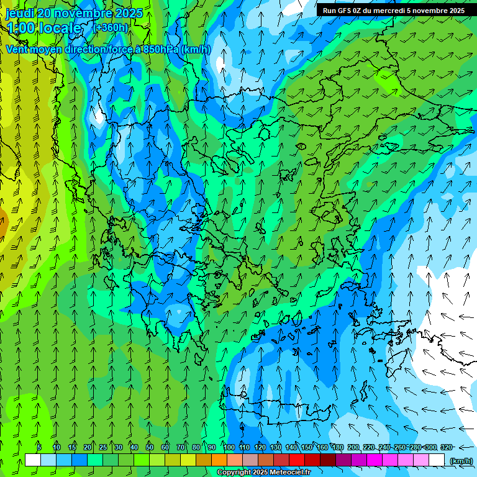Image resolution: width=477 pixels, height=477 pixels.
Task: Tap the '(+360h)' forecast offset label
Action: coord(111,27)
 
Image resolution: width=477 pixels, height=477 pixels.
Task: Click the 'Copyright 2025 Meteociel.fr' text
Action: coord(263,473)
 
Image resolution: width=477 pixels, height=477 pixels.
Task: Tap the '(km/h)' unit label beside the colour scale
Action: coord(461,460)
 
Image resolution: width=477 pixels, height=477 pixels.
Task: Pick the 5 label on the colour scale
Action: coord(39,447)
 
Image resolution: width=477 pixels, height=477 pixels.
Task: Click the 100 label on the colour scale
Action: coord(229,447)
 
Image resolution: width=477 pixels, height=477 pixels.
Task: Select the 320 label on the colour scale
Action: coord(446,447)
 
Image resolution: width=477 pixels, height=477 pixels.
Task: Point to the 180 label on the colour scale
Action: coord(337,447)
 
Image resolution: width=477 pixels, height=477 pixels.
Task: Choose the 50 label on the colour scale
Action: coord(150,447)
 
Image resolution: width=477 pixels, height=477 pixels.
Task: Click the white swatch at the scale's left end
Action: coord(33,460)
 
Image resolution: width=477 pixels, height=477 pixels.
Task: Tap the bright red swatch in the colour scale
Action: coord(297,460)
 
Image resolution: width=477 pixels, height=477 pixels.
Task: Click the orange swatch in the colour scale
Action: coord(219,460)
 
